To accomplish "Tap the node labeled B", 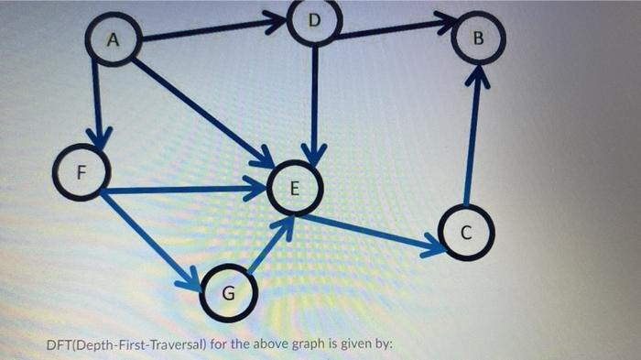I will [475, 39].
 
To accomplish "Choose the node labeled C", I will [465, 232].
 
